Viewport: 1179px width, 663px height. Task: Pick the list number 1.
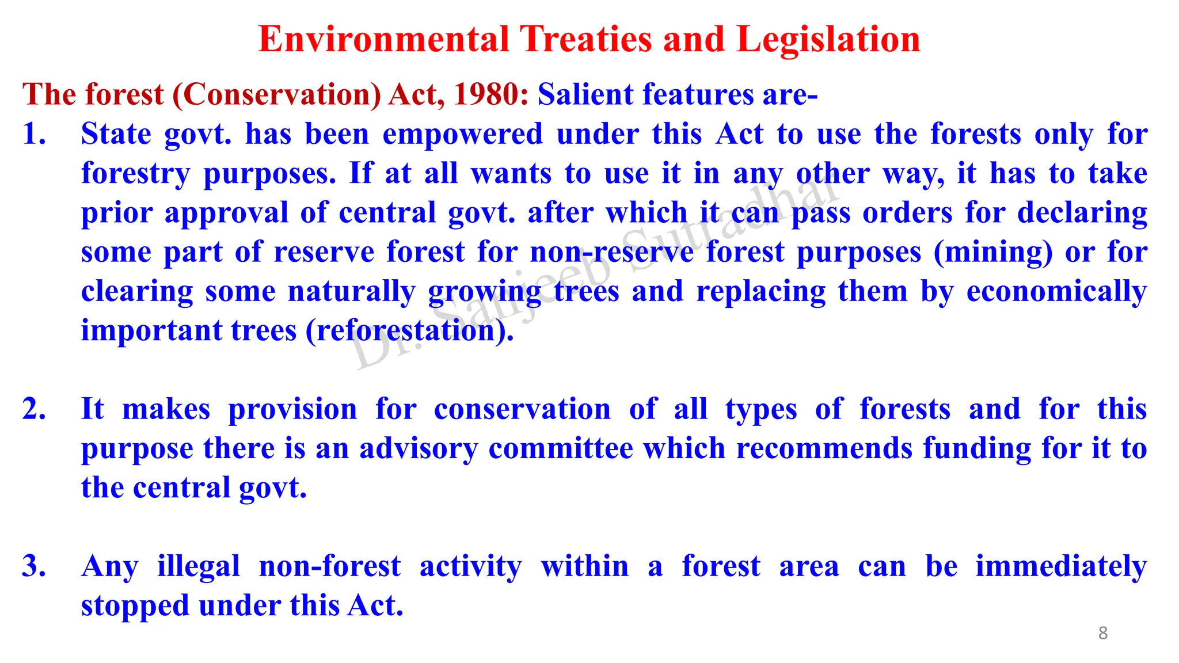tap(33, 134)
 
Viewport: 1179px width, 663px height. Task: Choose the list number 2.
tap(33, 409)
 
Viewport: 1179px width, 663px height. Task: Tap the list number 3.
tap(33, 566)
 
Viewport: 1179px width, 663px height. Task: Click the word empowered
tap(463, 134)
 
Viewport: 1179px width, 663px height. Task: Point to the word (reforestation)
tap(409, 331)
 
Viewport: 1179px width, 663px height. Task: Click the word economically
tap(1056, 292)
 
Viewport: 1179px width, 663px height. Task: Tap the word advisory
tap(419, 449)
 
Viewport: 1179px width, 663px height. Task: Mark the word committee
tap(561, 449)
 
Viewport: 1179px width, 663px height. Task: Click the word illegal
tap(199, 566)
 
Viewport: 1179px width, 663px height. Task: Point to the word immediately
tap(1061, 566)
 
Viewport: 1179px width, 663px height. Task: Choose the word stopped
tap(135, 606)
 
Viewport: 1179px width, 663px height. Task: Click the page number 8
tap(1102, 633)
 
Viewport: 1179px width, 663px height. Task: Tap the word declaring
tap(1082, 213)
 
